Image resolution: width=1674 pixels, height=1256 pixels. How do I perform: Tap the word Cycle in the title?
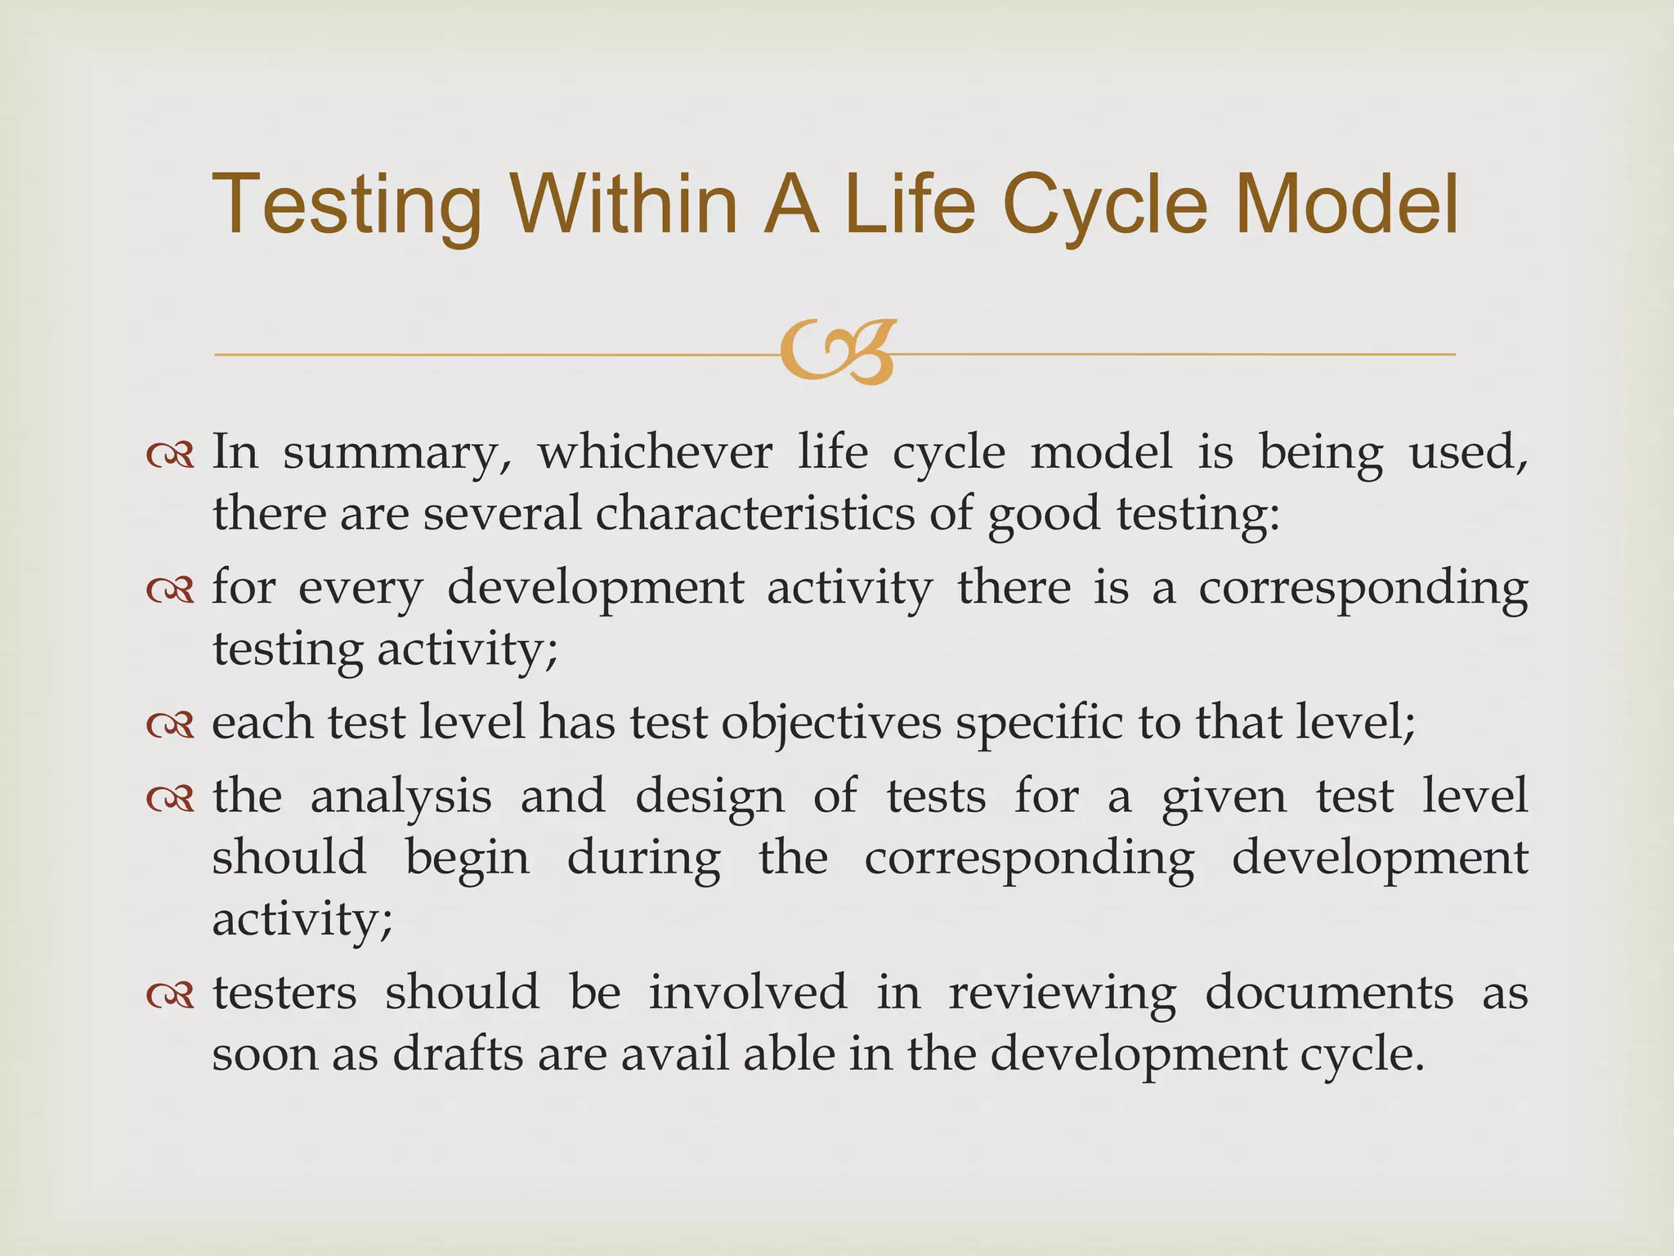pyautogui.click(x=1104, y=206)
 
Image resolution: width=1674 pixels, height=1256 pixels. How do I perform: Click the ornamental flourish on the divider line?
pyautogui.click(x=837, y=352)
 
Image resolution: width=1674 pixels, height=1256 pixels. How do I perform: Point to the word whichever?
pyautogui.click(x=654, y=451)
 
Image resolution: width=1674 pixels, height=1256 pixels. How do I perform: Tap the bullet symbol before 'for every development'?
pyautogui.click(x=170, y=589)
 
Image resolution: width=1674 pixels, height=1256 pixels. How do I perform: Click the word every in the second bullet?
pyautogui.click(x=360, y=589)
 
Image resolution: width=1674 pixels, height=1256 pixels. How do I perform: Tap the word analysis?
pyautogui.click(x=401, y=796)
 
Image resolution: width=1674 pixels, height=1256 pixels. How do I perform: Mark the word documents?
pyautogui.click(x=1329, y=993)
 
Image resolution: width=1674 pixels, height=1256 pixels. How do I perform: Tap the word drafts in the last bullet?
pyautogui.click(x=458, y=1054)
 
